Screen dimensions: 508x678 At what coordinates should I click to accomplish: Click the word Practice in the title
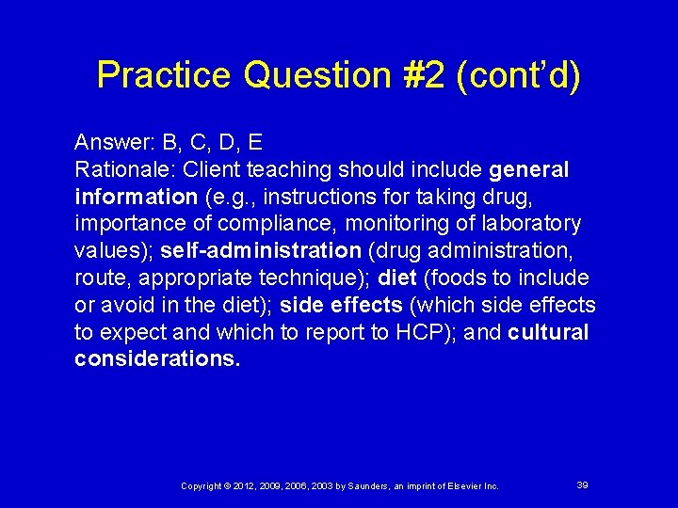pyautogui.click(x=164, y=75)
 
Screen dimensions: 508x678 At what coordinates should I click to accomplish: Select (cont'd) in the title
pyautogui.click(x=518, y=75)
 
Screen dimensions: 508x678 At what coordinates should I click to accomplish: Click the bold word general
pyautogui.click(x=529, y=170)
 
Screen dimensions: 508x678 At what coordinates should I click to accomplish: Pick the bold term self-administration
pyautogui.click(x=261, y=251)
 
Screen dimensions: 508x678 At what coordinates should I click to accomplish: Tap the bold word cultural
pyautogui.click(x=548, y=332)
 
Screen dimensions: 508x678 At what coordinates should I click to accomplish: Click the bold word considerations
pyautogui.click(x=157, y=359)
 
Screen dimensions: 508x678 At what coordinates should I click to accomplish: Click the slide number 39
pyautogui.click(x=582, y=484)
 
